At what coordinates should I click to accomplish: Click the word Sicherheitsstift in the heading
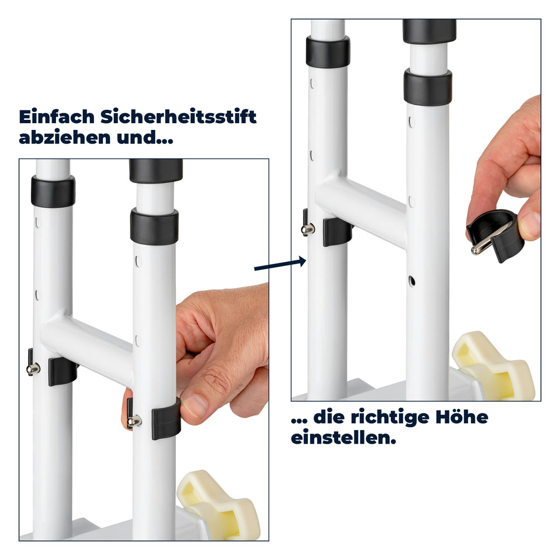pos(178,117)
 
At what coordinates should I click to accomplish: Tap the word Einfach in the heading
pos(57,117)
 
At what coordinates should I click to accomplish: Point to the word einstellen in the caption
pos(344,438)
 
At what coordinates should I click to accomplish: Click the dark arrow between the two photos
pos(281,264)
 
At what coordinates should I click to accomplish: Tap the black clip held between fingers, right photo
pos(494,235)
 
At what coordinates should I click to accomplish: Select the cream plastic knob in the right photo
pos(493,365)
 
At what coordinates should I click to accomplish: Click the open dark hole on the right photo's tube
pos(412,281)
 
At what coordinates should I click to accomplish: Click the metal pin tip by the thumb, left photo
pos(134,421)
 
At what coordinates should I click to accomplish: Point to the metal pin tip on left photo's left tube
pos(34,369)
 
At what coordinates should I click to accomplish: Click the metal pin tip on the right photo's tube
pos(308,229)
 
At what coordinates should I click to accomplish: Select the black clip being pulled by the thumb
pos(166,418)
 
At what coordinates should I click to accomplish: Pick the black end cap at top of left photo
pos(156,170)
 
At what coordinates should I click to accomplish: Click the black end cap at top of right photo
pos(430,31)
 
